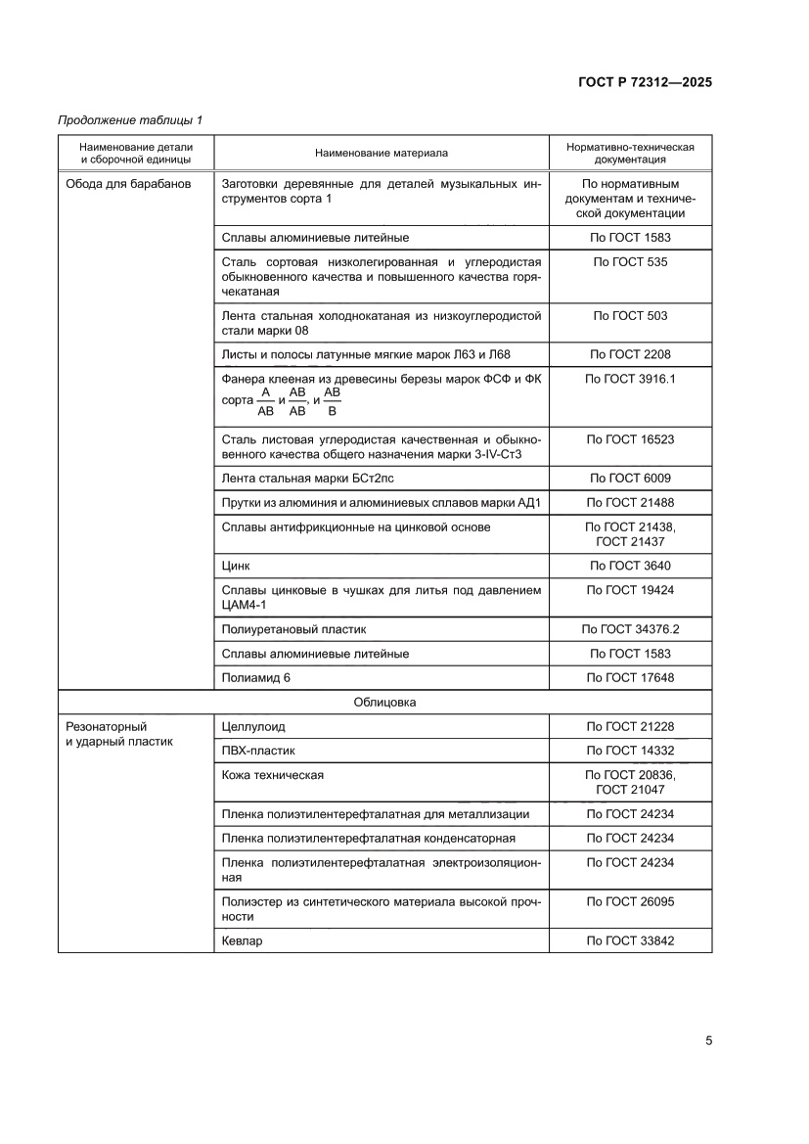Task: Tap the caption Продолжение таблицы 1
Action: [x=130, y=120]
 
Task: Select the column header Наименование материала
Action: [x=381, y=153]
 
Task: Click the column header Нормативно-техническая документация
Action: [x=630, y=153]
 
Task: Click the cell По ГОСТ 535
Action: [x=630, y=262]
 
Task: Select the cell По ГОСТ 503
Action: [x=630, y=316]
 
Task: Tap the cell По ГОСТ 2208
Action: [x=630, y=354]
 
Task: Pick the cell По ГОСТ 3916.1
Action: [x=630, y=378]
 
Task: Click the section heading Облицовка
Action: [x=384, y=702]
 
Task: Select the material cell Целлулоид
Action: [x=253, y=727]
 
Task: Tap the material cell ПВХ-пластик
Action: [x=258, y=751]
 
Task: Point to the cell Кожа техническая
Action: [x=273, y=775]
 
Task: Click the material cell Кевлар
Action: [x=243, y=940]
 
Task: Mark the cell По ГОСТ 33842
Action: [x=630, y=940]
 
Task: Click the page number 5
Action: [x=707, y=1040]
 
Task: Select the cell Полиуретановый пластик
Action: [x=293, y=629]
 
